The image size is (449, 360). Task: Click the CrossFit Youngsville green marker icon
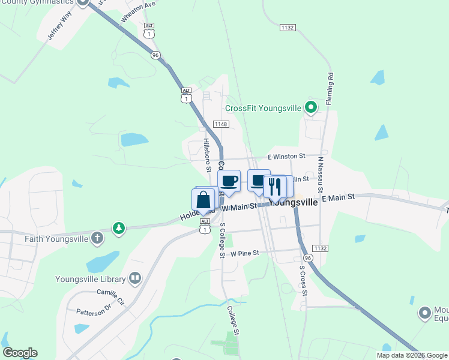pos(311,108)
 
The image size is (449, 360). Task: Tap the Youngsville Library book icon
pos(135,278)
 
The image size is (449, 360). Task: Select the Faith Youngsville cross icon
pos(95,239)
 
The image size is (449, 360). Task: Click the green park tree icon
pos(119,228)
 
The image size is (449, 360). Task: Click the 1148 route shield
pos(221,124)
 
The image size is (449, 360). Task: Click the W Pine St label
pos(244,253)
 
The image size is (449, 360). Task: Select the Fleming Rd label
pos(330,89)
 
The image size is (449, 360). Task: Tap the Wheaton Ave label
pos(138,12)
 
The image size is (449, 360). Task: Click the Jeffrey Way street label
pos(59,25)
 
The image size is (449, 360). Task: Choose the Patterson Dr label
pos(94,310)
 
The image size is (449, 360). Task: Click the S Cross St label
pos(303,280)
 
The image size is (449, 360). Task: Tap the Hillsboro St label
pos(206,155)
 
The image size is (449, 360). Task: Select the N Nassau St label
pos(321,171)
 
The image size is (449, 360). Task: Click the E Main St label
pos(339,197)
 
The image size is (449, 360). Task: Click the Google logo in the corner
pos(20,353)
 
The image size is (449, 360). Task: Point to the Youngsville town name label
pos(294,202)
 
